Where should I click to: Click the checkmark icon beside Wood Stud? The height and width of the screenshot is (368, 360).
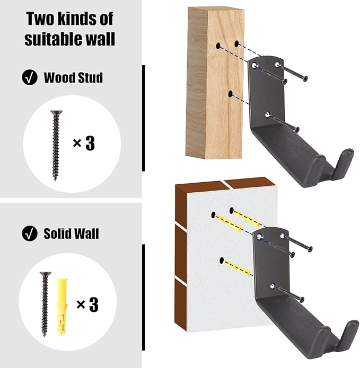pyautogui.click(x=30, y=77)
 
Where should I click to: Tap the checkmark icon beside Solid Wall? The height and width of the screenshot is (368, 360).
pyautogui.click(x=30, y=234)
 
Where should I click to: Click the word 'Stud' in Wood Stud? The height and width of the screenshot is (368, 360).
pyautogui.click(x=90, y=78)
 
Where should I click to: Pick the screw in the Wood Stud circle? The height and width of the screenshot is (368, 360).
pyautogui.click(x=56, y=145)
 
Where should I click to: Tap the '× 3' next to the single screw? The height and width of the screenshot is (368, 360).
pyautogui.click(x=84, y=143)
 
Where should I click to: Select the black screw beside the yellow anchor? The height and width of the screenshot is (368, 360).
pyautogui.click(x=45, y=304)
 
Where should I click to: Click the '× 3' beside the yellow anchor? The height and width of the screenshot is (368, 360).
pyautogui.click(x=87, y=304)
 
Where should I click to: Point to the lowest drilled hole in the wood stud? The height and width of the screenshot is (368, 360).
pyautogui.click(x=231, y=94)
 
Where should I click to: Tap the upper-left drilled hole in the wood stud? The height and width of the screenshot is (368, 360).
pyautogui.click(x=218, y=46)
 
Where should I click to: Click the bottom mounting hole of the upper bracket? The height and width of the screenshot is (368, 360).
pyautogui.click(x=268, y=114)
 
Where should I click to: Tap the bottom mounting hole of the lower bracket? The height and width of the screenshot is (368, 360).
pyautogui.click(x=273, y=286)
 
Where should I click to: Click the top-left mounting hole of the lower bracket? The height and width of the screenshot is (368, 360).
pyautogui.click(x=259, y=237)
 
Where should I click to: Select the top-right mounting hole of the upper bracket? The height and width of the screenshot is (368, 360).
pyautogui.click(x=278, y=64)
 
